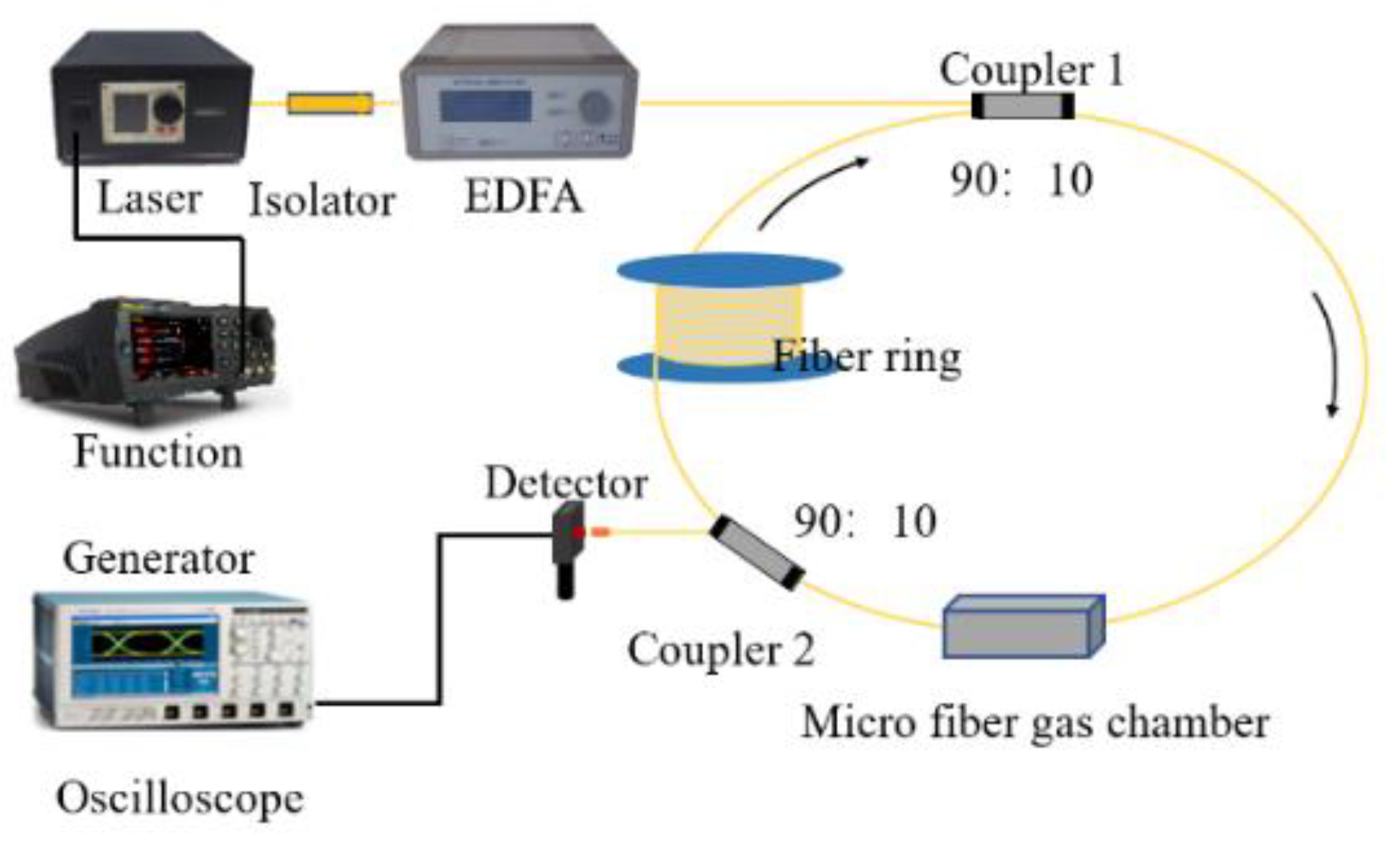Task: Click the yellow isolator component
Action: (329, 103)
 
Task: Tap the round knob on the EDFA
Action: (594, 107)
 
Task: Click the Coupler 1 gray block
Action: (1022, 106)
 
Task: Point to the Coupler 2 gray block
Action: (757, 553)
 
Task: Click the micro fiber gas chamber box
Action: (1022, 628)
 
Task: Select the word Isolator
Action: (322, 201)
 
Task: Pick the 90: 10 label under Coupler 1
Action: (1021, 181)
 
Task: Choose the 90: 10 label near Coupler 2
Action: (865, 521)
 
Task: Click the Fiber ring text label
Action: (866, 357)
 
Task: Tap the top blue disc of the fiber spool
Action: (729, 270)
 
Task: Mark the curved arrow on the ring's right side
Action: (1328, 354)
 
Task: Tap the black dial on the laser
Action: (168, 109)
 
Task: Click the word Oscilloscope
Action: (180, 798)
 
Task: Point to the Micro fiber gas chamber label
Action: (1035, 722)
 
